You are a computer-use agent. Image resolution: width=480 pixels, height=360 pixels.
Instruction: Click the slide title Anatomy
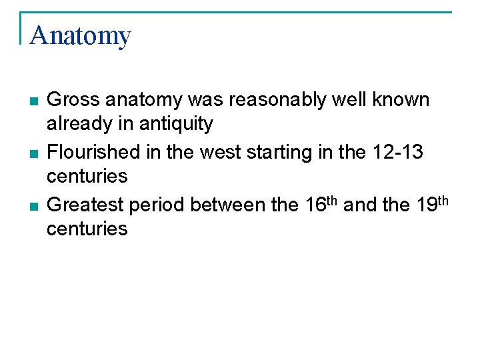click(81, 35)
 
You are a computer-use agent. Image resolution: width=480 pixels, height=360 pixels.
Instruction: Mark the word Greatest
click(85, 205)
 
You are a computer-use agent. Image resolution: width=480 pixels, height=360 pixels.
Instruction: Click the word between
click(221, 205)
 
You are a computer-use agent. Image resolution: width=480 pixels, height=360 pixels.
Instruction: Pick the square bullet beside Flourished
click(33, 154)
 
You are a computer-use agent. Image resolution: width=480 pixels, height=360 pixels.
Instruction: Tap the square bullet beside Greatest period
click(33, 207)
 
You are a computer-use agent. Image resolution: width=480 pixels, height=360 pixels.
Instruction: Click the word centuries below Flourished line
click(87, 177)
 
